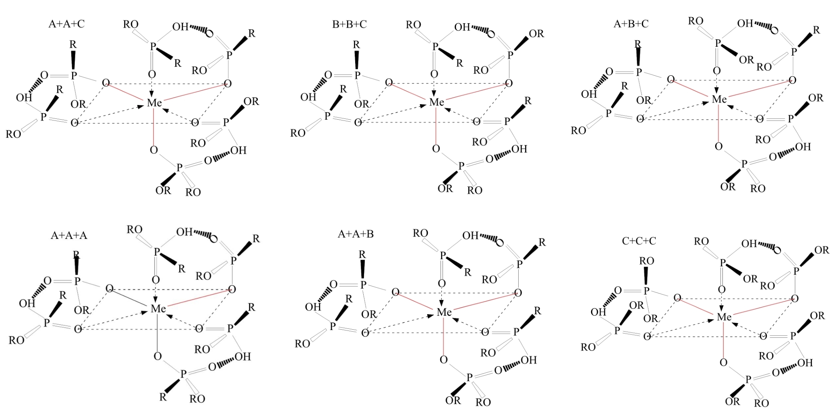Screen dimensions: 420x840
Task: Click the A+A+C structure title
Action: pos(66,24)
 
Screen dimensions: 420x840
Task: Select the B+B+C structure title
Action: pos(349,24)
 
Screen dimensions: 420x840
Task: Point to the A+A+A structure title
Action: pos(69,235)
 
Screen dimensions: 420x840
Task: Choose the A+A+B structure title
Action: pos(356,234)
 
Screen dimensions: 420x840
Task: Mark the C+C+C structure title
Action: pos(639,241)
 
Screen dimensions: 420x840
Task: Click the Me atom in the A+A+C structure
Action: pos(154,103)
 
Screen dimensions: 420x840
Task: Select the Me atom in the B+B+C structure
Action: pos(436,102)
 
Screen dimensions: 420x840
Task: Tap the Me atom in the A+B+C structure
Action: pos(719,99)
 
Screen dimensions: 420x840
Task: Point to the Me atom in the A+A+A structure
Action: pos(158,309)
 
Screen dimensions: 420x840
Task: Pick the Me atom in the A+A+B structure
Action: pos(444,312)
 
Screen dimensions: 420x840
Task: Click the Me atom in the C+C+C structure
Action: pos(724,317)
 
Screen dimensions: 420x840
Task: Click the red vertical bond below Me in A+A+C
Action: pos(154,126)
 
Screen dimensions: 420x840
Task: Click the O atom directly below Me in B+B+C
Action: pos(436,149)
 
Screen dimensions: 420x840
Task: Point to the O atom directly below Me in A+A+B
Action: pos(444,360)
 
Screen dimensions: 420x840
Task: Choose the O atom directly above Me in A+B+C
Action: pos(717,71)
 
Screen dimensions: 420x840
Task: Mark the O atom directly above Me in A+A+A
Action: pos(156,280)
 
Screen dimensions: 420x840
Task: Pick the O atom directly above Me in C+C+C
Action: pos(722,290)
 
